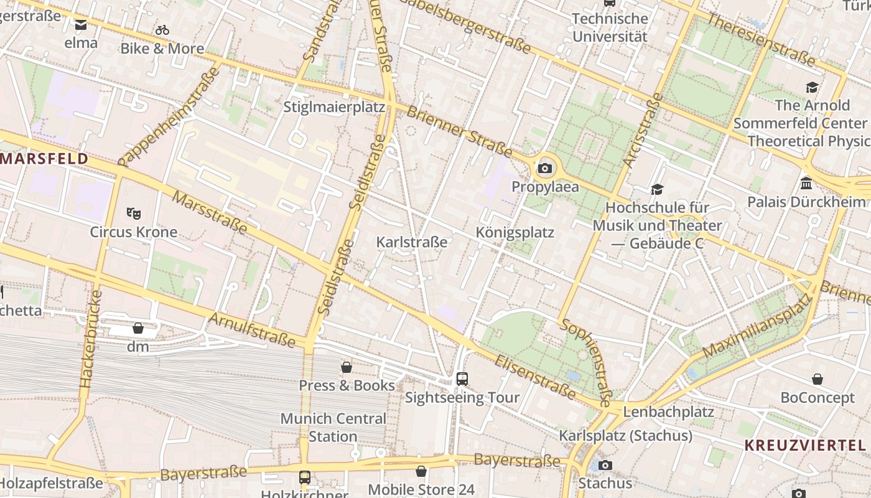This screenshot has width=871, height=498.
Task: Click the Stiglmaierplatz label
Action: [x=334, y=106]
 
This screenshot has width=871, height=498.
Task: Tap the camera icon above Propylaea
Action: [x=545, y=168]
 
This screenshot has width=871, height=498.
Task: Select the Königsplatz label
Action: [x=515, y=232]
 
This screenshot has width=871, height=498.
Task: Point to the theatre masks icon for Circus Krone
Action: [x=133, y=214]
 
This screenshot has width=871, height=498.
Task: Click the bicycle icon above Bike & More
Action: [x=162, y=30]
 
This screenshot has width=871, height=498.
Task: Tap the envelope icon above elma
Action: [x=81, y=25]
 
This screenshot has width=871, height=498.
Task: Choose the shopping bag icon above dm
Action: [x=138, y=327]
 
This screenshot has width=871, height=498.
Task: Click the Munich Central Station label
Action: [x=333, y=427]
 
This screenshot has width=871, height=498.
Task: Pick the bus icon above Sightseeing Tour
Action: [x=462, y=378]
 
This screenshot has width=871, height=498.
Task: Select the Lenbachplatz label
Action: [x=668, y=411]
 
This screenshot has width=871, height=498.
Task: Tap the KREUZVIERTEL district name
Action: [x=805, y=445]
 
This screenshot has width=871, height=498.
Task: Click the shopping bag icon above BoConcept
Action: [x=817, y=379]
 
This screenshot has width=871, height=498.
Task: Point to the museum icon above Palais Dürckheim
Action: [x=806, y=183]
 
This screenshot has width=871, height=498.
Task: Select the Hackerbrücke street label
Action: [x=91, y=339]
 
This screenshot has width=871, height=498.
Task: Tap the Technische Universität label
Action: [x=610, y=27]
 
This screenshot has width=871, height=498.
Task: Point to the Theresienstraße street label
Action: [x=761, y=39]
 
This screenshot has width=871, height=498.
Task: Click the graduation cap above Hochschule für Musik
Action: [x=657, y=189]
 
